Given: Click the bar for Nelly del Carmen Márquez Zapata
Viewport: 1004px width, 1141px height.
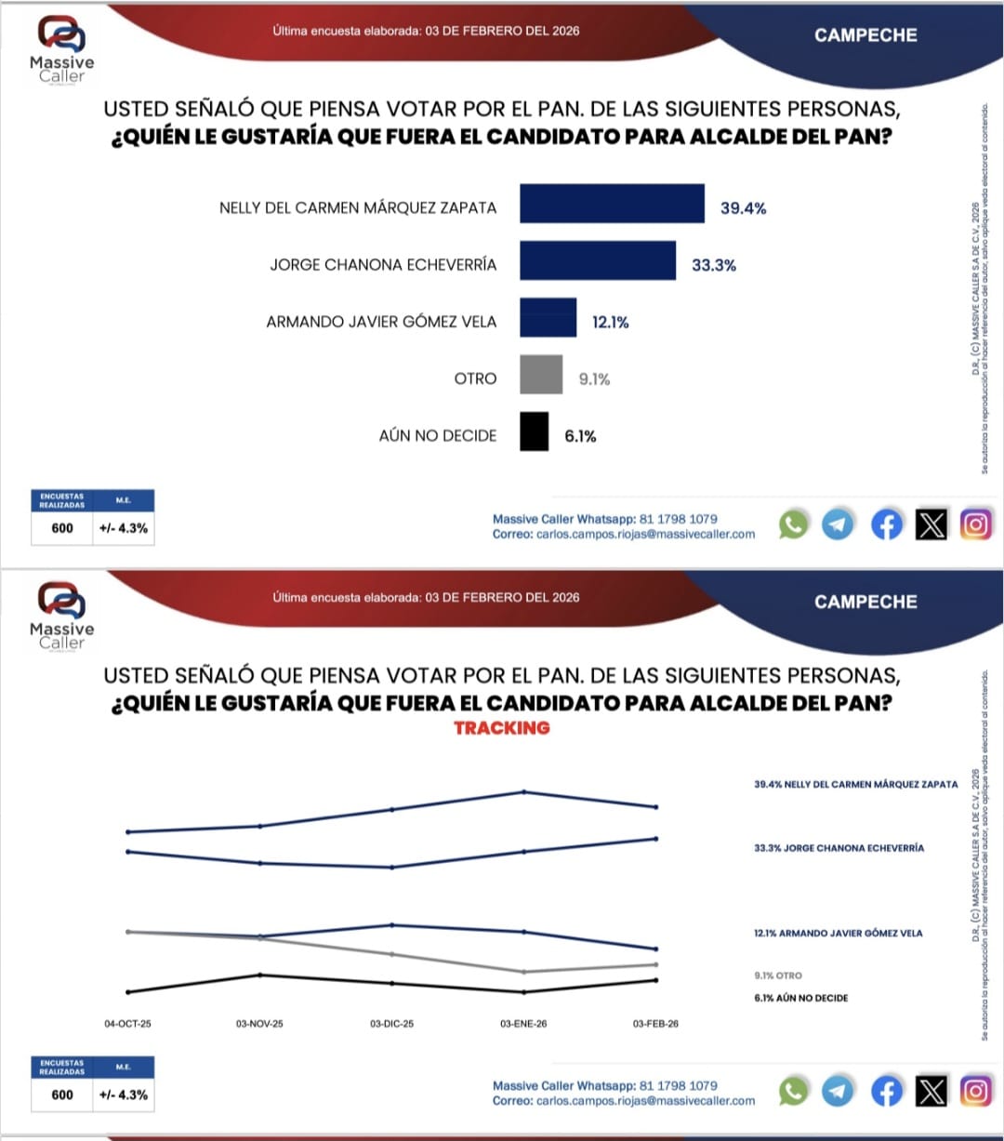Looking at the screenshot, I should coord(612,204).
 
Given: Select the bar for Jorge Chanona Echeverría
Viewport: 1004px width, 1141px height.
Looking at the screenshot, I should coord(597,260).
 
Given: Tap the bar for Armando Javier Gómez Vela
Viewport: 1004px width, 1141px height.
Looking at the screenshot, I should coord(548,317).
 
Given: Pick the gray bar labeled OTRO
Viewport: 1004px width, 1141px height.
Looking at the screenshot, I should coord(540,375).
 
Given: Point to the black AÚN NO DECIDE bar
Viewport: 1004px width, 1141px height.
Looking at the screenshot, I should coord(534,431).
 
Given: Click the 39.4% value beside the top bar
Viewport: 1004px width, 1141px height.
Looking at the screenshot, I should coord(743,208).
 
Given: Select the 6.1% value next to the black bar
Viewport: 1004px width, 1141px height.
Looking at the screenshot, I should coord(580,436).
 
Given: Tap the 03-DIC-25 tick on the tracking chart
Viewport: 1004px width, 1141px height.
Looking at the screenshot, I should coord(391,1024).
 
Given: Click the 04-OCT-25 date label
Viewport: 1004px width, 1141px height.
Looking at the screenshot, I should coord(127,1024).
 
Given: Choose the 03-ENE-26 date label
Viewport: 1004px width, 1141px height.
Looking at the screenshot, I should coord(523,1024).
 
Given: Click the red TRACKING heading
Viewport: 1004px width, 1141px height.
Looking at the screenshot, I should coord(502,728).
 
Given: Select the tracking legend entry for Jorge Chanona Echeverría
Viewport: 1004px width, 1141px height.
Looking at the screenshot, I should coord(839,848).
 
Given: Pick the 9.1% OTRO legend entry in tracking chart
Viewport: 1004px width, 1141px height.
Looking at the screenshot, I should coord(777,975).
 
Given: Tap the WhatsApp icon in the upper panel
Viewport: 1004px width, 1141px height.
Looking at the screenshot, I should coord(793,524).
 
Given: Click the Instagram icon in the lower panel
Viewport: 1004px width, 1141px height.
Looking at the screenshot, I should coord(975,1091).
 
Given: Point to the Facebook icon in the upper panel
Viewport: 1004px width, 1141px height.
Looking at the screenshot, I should coord(886,524).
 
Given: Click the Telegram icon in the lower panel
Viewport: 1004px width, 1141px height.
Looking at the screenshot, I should coord(838,1091).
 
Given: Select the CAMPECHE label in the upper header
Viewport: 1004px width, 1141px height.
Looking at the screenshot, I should coord(865,35).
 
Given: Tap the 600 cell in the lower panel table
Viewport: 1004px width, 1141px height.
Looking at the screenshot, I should coord(62,1095).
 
